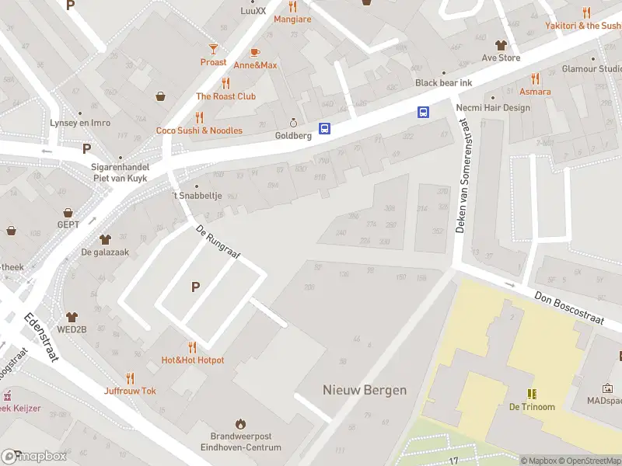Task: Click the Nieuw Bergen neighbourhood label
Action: tap(365, 390)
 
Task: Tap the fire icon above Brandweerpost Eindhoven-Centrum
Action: tap(240, 424)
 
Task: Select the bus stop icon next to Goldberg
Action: tap(325, 129)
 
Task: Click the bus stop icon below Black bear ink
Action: tap(424, 112)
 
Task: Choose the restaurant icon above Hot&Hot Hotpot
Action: tap(192, 347)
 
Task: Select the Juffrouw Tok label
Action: tap(130, 391)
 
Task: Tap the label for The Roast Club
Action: tap(225, 96)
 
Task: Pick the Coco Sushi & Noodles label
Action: tap(199, 130)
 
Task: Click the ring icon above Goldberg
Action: tap(293, 123)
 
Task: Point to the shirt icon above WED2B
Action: tap(72, 317)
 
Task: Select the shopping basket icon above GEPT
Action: tap(68, 212)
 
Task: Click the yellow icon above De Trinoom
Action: tap(532, 394)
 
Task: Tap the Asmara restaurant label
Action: tap(535, 92)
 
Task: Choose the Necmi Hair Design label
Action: tap(494, 108)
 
